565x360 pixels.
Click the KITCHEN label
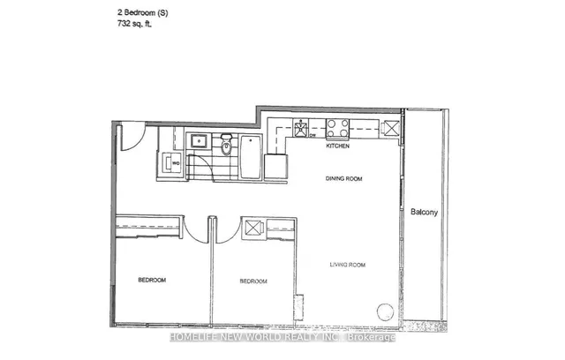pos(340,146)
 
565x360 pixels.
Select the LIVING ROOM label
pos(348,265)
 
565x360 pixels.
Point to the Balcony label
pos(426,213)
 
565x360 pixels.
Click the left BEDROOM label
pos(151,281)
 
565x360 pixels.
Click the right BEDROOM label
pos(254,281)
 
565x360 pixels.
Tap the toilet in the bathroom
pos(226,145)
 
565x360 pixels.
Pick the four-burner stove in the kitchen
pos(337,129)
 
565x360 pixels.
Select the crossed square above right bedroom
pos(252,228)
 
